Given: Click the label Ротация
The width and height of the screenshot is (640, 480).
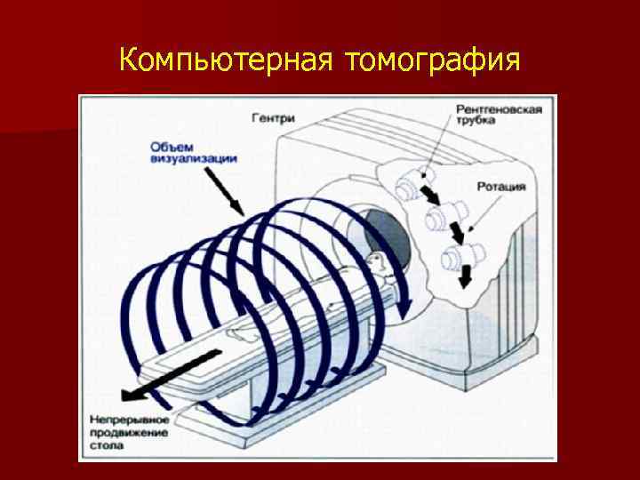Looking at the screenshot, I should click(x=501, y=188).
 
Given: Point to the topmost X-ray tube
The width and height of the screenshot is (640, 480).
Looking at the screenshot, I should click(x=409, y=185).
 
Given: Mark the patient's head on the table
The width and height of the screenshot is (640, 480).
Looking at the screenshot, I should click(x=376, y=261).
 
